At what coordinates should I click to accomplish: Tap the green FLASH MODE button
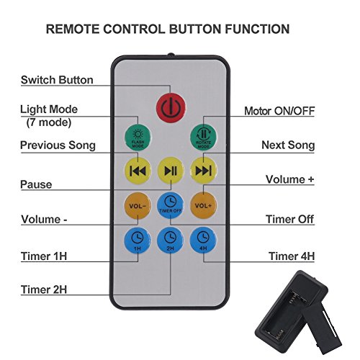coord(138,138)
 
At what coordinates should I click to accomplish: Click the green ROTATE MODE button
coord(203,138)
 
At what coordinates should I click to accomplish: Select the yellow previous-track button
coord(138,171)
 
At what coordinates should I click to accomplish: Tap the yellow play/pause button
coord(171,171)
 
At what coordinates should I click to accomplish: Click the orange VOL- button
coord(138,206)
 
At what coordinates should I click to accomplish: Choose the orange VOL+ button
coord(203,206)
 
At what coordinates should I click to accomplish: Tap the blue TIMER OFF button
coord(171,205)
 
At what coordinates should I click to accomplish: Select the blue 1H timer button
coord(138,240)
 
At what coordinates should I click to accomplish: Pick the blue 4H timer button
coord(203,240)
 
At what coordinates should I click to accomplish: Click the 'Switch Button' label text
coord(57,80)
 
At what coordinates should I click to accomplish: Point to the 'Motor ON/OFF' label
coord(279,111)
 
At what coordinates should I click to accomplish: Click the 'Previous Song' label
coord(58,145)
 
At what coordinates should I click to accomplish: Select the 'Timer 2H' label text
coord(44,289)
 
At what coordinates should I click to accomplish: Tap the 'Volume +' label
coord(290,179)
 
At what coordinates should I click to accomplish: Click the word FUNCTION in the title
coord(257,29)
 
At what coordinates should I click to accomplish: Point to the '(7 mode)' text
coord(49,122)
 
